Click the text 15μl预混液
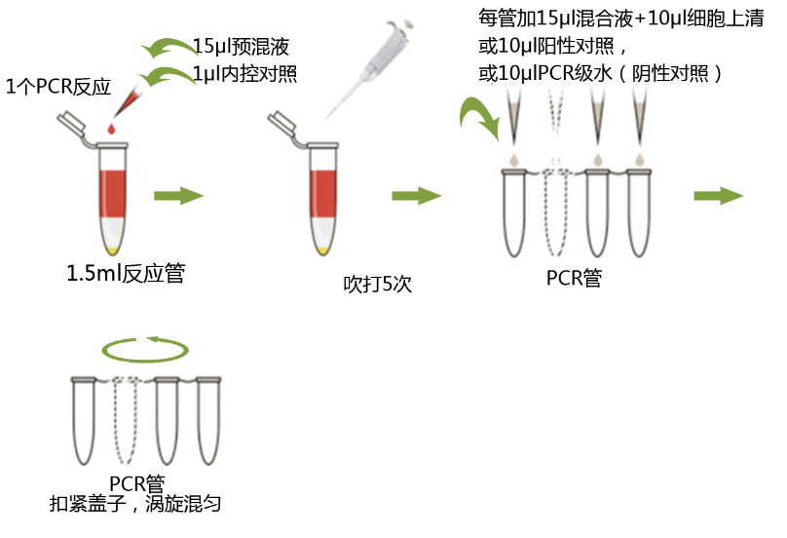point(241,47)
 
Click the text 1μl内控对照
point(244,73)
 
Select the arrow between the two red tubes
point(178,196)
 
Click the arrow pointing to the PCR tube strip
point(416,196)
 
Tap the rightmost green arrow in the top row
point(718,196)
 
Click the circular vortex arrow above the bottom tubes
point(146,348)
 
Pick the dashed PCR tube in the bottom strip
point(126,419)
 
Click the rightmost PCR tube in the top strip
point(639,212)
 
